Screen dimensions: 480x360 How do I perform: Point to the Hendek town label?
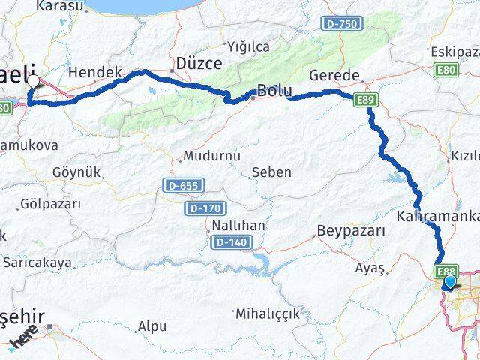click(94, 72)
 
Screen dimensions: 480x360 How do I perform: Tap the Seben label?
click(272, 172)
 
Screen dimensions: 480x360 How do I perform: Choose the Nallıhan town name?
click(238, 226)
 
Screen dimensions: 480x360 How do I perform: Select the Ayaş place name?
click(370, 267)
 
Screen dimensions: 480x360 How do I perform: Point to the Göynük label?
click(76, 172)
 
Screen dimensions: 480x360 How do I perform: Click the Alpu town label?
click(152, 326)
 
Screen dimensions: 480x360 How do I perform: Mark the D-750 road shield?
click(341, 25)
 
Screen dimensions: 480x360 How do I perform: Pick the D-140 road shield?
click(232, 242)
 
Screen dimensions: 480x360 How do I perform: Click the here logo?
click(25, 338)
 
